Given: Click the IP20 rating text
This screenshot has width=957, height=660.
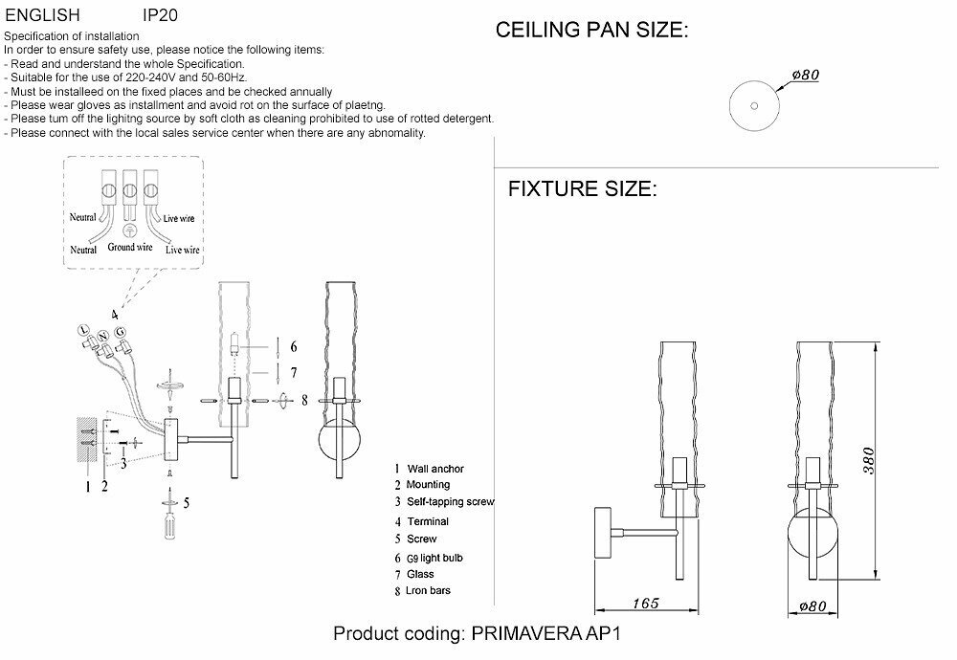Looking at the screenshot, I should [x=160, y=16].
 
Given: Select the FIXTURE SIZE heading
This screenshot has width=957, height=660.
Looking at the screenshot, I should [x=582, y=188].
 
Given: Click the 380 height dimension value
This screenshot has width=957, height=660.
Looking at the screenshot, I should [x=867, y=462].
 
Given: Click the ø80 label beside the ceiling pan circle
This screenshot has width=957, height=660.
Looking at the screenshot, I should [x=807, y=76].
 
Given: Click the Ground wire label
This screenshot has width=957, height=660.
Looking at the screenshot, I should [x=130, y=247].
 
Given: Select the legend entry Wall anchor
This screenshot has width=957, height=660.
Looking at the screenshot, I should [x=435, y=469].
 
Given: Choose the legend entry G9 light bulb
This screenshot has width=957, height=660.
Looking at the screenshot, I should [x=435, y=557].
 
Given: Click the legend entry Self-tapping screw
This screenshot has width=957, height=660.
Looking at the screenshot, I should [x=450, y=502].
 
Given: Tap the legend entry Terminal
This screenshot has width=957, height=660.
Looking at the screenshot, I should [x=428, y=521].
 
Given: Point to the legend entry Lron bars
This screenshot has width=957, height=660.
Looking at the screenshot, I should [x=429, y=590].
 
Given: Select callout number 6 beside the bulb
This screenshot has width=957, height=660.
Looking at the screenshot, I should [x=294, y=346].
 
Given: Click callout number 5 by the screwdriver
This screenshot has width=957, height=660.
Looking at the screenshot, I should [x=187, y=501].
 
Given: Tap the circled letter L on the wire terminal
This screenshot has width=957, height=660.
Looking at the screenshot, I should [x=85, y=330].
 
